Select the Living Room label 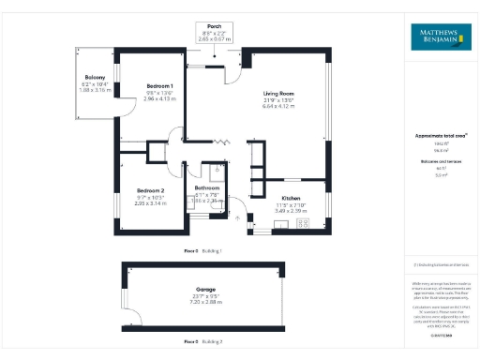coord(279,93)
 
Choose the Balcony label coord(94,78)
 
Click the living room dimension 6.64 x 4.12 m coord(279,106)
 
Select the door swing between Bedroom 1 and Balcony coord(119,111)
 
